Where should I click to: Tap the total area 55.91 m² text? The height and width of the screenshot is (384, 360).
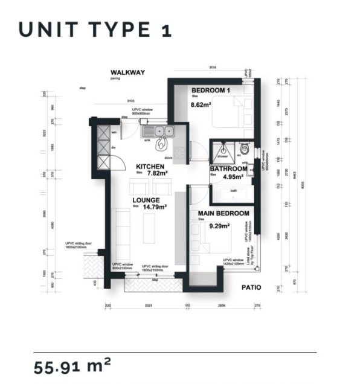coord(72,365)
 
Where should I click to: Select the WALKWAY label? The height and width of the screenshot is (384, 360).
coord(124,72)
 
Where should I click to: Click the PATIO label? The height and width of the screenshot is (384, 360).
coord(251,287)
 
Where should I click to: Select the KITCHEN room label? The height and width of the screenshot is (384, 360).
coord(150,166)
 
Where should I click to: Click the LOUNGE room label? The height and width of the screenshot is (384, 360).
coord(146,200)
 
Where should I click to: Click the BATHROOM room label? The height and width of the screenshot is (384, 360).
coord(227,169)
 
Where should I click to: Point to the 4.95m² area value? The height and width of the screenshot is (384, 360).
coord(232,178)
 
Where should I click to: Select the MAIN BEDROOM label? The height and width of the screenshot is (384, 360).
coord(224,214)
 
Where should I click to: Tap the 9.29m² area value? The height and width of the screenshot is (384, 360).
coord(219,226)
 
